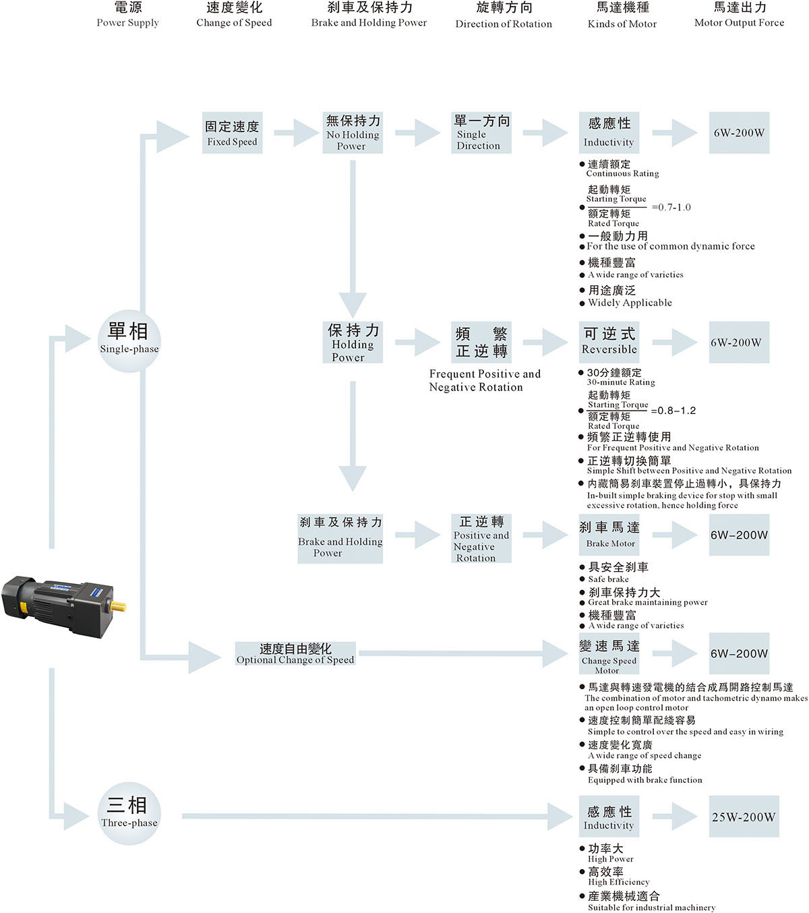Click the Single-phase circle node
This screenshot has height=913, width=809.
pos(129,340)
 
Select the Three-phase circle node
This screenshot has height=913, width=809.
pos(129,813)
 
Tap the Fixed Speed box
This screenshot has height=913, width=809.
pos(232,133)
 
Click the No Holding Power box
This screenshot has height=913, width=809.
pos(353,133)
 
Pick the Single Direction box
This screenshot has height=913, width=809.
pos(481,133)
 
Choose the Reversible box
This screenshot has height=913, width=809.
pos(609,342)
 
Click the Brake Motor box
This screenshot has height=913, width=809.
pos(609,535)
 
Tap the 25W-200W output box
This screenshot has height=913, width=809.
pos(744,817)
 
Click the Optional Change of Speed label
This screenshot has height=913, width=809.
pos(295,654)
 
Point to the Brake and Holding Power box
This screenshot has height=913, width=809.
pos(340,538)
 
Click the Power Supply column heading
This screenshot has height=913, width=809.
pos(127,15)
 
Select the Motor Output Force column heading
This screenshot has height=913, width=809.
pos(739,15)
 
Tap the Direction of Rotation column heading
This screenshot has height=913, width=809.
pos(504,16)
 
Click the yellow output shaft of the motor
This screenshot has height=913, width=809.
pos(119,606)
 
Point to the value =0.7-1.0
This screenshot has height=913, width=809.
pos(671,208)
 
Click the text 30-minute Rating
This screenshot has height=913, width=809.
pos(621,382)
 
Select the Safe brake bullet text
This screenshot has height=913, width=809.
pos(608,579)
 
